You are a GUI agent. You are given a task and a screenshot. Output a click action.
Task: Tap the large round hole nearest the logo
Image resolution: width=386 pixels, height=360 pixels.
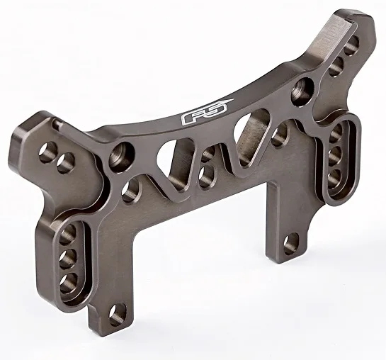pos(302,91)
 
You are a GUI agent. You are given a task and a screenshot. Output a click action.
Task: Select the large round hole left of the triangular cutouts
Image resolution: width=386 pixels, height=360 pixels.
pos(121,157)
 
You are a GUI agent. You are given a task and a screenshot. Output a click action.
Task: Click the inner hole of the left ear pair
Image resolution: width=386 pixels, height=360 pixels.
pos(65,162)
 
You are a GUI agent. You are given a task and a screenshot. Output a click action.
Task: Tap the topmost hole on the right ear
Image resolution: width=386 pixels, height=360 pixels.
pos(351,45)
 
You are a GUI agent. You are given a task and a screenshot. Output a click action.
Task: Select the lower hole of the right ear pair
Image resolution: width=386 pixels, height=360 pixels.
pos(336,65)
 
